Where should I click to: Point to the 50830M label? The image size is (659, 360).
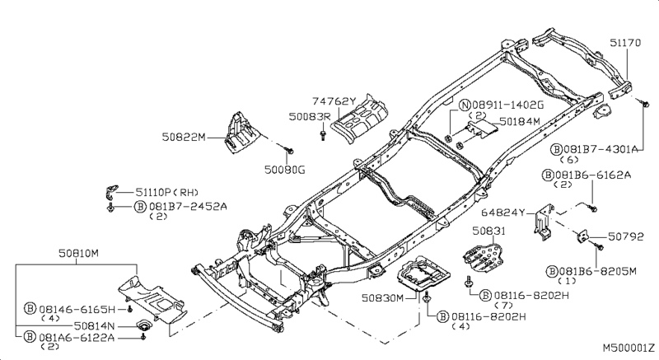pyautogui.click(x=380, y=297)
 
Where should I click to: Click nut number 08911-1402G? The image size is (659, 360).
pyautogui.click(x=507, y=105)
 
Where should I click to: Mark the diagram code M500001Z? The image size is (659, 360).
pyautogui.click(x=628, y=350)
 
